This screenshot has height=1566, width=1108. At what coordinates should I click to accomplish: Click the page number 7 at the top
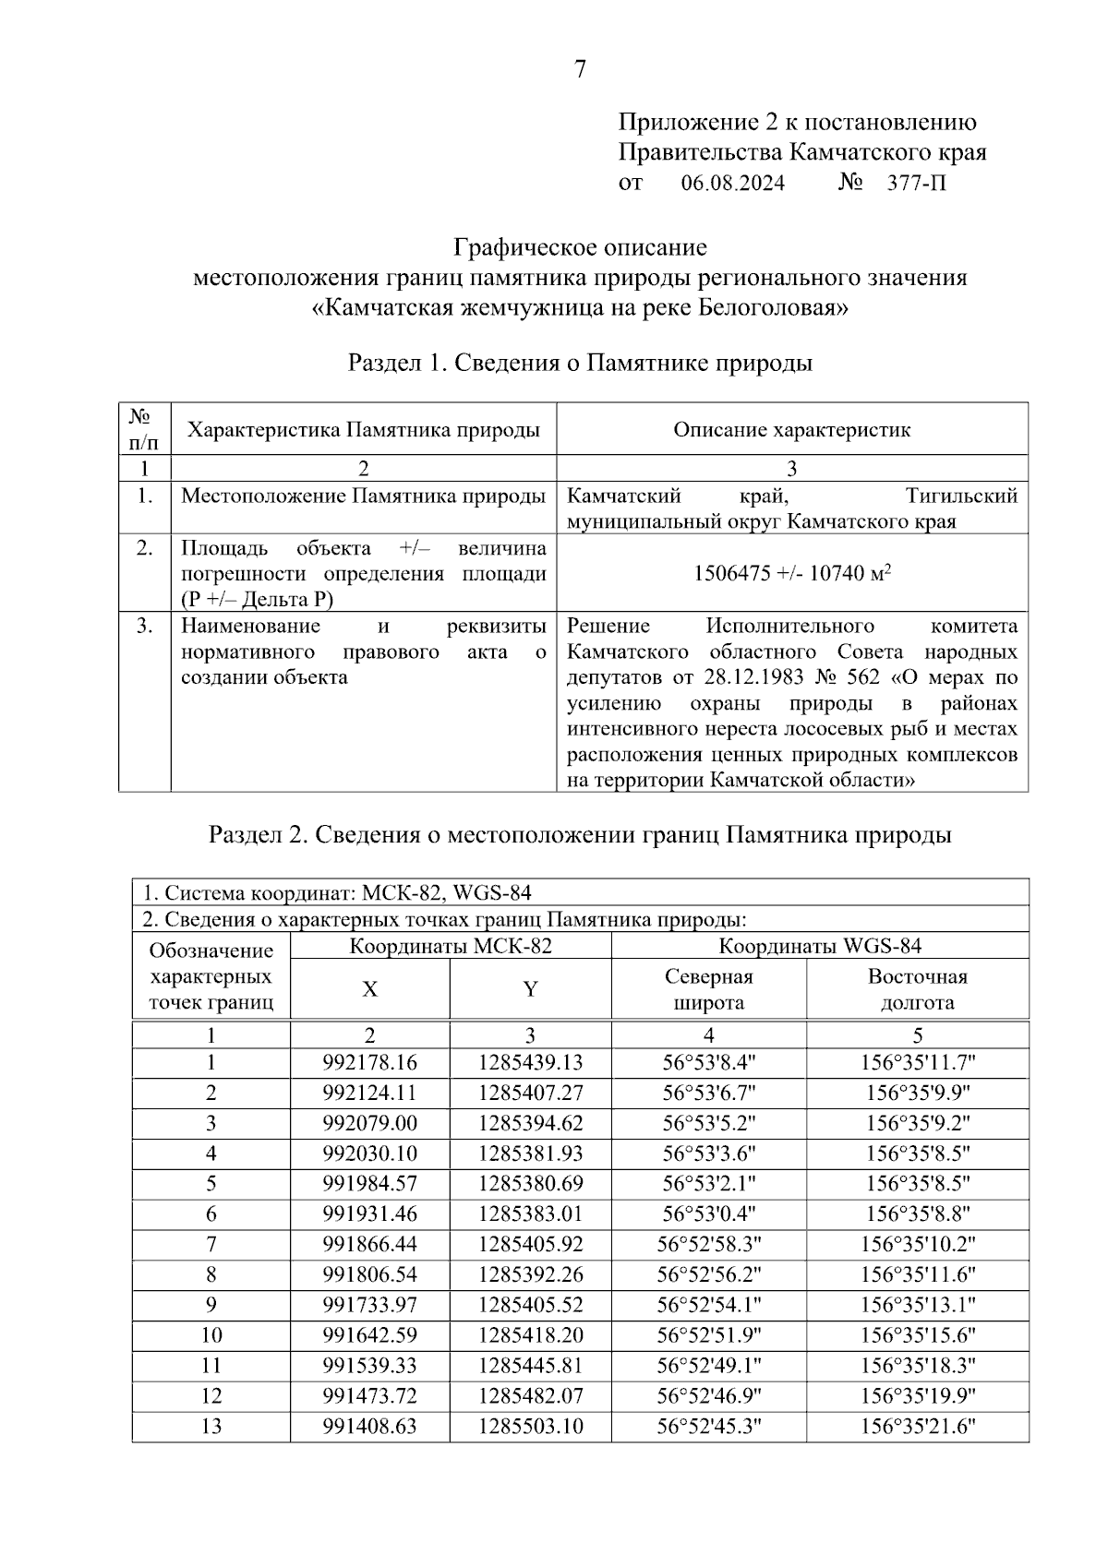click(x=580, y=70)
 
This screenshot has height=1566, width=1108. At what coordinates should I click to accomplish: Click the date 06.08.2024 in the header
click(x=732, y=184)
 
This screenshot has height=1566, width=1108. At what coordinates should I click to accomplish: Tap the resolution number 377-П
click(x=916, y=184)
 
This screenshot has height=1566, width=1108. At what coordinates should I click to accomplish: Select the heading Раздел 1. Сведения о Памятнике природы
click(x=580, y=363)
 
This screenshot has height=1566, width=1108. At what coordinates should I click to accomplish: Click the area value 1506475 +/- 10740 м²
click(x=791, y=573)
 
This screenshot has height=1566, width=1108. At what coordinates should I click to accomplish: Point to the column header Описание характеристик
click(x=791, y=430)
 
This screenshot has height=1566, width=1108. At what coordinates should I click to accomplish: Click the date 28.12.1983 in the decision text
click(x=754, y=677)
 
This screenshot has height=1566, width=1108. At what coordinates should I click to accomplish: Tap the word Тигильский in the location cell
click(x=961, y=496)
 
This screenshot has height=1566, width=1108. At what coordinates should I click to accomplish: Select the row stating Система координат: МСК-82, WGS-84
click(x=338, y=892)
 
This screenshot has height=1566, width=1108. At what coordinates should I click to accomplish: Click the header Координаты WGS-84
click(x=819, y=946)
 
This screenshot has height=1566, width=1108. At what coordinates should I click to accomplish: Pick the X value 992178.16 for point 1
click(x=369, y=1063)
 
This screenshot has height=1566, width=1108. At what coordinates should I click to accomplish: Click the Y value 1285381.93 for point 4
click(x=530, y=1154)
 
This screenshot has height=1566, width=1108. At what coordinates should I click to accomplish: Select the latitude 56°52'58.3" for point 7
click(x=708, y=1245)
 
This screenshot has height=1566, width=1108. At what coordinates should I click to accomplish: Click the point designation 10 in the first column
click(x=211, y=1335)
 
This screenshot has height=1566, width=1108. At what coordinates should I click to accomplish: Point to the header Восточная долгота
click(x=917, y=989)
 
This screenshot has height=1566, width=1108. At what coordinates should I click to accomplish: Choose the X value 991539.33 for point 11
click(x=369, y=1366)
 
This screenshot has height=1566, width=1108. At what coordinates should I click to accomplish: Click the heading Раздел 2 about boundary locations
click(x=580, y=836)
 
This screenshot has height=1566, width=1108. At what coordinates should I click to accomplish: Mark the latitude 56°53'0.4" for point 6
click(x=708, y=1214)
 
